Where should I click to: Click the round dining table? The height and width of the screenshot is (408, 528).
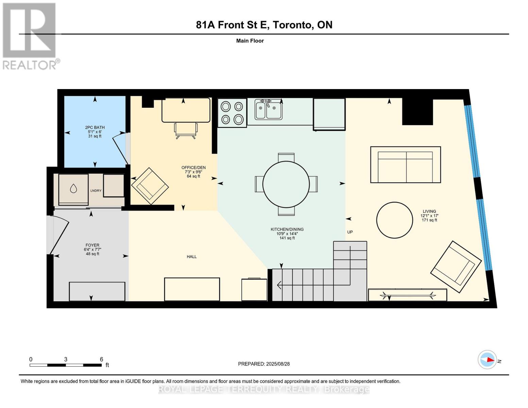coord(286,184)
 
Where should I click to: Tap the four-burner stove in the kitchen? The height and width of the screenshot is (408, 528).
coord(232,113)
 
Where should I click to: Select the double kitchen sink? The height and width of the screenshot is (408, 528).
coord(269,109)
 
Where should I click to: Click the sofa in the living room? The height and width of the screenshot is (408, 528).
coord(405,165)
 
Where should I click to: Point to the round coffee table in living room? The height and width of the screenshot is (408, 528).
coord(394,220)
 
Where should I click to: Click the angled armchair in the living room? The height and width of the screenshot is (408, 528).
coord(456,267)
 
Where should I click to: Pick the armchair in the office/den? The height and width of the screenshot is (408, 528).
coord(150,186)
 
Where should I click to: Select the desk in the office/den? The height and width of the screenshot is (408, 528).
coord(186,110)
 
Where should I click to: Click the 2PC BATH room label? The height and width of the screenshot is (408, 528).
coord(95,128)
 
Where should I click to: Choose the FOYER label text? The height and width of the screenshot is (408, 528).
coord(92,245)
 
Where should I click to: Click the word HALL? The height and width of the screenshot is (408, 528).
coord(192,257)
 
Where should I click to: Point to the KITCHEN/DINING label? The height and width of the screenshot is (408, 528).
coord(287,229)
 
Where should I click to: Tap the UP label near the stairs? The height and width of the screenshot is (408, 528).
coord(350,232)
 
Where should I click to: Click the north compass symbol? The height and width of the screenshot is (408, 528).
coord(488,359)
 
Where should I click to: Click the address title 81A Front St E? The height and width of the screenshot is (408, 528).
coord(264,25)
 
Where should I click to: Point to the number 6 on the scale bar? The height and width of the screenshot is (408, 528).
coord(101,359)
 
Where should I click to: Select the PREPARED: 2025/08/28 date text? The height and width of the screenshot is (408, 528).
coord(264,364)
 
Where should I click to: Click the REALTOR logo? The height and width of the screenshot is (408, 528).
coord(30,36)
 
